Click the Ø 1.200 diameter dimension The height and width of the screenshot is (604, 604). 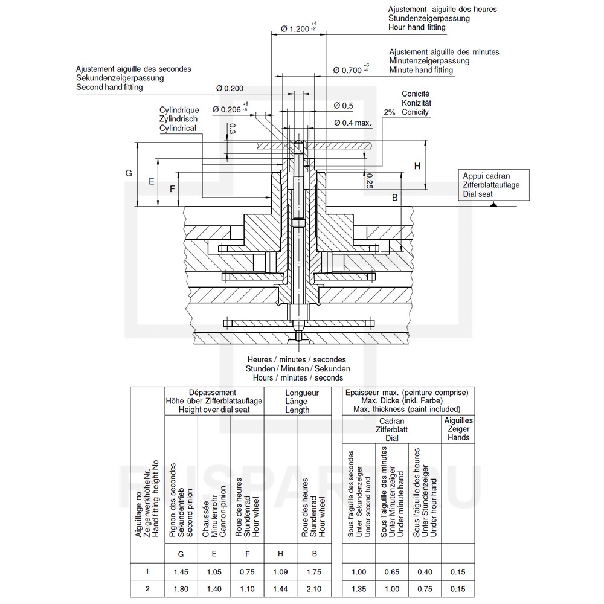[x=298, y=28]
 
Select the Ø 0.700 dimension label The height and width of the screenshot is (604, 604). [x=351, y=69]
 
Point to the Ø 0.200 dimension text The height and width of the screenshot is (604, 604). [x=230, y=88]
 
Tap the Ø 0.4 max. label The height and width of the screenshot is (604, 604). [x=353, y=123]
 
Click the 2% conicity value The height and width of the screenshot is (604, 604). [x=390, y=112]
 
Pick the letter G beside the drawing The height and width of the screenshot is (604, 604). [x=129, y=173]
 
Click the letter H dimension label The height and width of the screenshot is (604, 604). [x=417, y=166]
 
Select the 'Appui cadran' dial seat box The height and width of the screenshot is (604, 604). [x=493, y=185]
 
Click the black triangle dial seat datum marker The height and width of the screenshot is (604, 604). [x=493, y=204]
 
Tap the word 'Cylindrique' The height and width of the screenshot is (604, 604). [x=179, y=110]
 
